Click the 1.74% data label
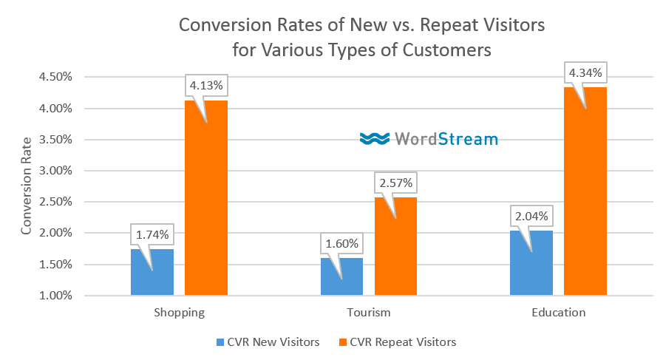click(x=152, y=235)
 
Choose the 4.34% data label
click(x=585, y=73)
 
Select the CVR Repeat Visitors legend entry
click(x=398, y=342)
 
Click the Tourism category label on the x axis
click(x=369, y=313)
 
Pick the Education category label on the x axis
click(x=558, y=313)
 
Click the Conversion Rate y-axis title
click(x=27, y=186)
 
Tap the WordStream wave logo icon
click(x=375, y=138)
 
